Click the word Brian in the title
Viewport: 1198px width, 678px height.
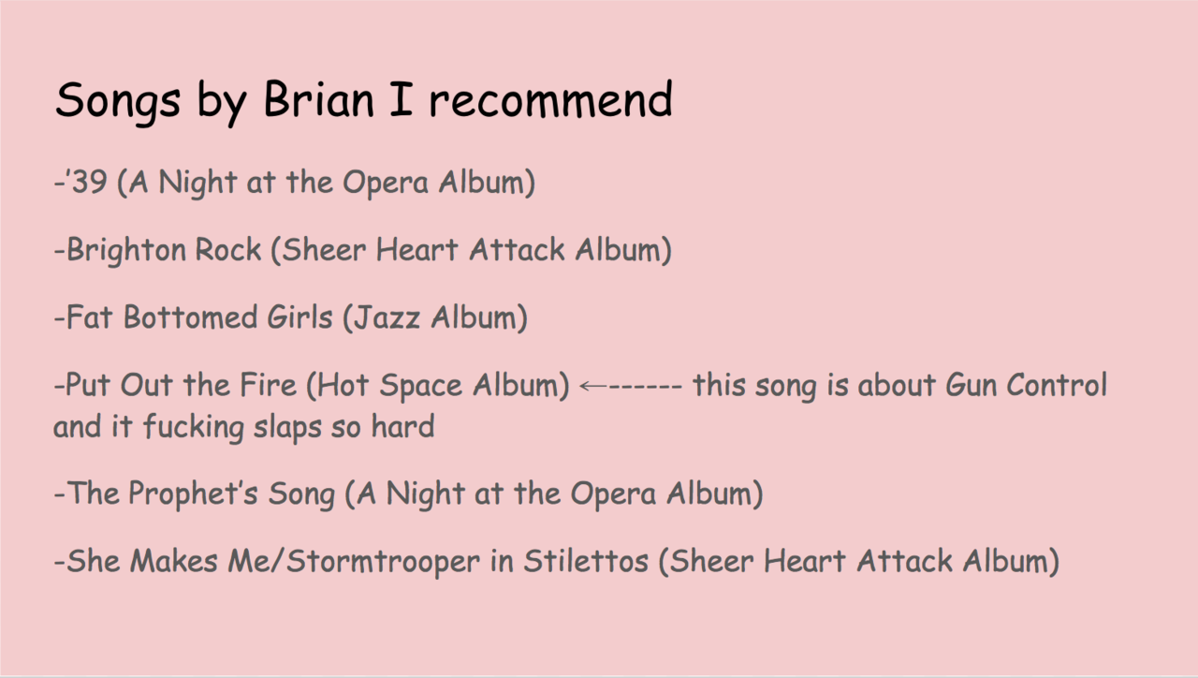(x=319, y=99)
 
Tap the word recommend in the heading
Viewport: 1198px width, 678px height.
(x=551, y=99)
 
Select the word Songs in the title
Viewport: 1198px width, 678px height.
(x=118, y=102)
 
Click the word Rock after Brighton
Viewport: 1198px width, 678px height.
(x=228, y=249)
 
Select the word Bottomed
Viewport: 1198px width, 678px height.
(x=190, y=317)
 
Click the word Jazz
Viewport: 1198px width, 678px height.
(x=387, y=317)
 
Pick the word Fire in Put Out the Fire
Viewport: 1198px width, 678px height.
(x=268, y=385)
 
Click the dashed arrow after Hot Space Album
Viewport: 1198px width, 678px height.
(x=631, y=385)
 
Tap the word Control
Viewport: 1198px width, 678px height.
(x=1057, y=385)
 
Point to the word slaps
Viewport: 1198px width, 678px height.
(x=286, y=428)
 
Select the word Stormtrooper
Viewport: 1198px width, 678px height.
(x=383, y=562)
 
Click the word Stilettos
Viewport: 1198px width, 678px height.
(x=586, y=561)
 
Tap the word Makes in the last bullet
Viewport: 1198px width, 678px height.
(x=174, y=561)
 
